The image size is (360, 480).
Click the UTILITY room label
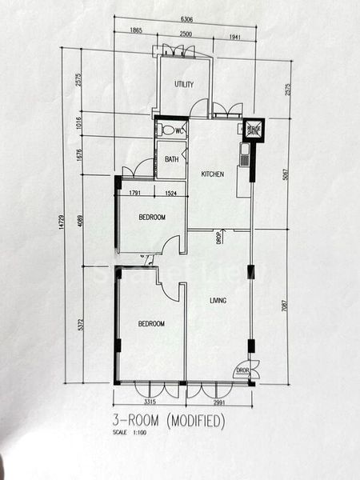coord(184,83)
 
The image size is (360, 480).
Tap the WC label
coord(180,130)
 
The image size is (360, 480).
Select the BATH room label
coord(172,159)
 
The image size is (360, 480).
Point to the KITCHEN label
coord(212,174)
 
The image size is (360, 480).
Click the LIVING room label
coord(218,301)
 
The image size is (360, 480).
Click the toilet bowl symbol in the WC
coord(165,130)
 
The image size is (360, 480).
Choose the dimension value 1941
coord(234,35)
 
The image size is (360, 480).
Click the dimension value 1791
coord(134,193)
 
